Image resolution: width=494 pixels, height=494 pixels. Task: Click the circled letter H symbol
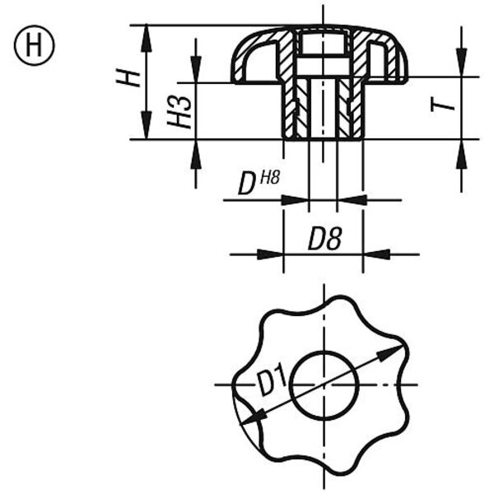(34, 45)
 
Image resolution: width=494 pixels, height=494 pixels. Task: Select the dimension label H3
(179, 111)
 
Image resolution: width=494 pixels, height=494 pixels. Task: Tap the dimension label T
(442, 105)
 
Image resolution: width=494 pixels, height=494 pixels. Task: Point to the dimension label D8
(325, 239)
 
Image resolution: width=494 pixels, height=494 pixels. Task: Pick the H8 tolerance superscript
(270, 178)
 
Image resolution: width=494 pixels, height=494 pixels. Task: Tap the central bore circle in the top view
(324, 351)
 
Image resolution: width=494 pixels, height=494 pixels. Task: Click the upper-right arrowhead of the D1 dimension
(390, 352)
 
